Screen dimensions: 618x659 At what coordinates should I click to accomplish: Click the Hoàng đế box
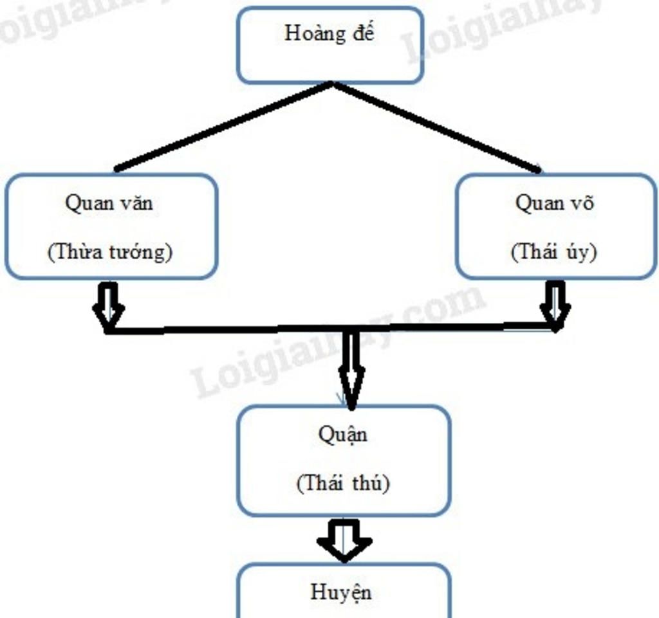click(329, 45)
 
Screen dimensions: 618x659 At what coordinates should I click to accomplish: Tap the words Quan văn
click(109, 203)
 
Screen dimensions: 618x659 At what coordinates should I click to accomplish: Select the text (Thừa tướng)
click(110, 251)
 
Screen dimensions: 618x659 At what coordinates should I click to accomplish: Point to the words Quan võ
click(555, 203)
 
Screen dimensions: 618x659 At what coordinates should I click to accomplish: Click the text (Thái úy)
click(554, 251)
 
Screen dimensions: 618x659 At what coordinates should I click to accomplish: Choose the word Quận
click(343, 435)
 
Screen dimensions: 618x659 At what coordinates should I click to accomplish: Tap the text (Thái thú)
click(343, 483)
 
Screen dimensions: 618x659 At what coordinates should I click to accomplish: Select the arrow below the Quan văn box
click(109, 305)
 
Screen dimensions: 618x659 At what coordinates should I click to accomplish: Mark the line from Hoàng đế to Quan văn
click(222, 127)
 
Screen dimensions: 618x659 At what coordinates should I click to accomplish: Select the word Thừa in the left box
click(71, 251)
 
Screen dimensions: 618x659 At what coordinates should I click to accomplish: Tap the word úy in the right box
click(577, 253)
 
